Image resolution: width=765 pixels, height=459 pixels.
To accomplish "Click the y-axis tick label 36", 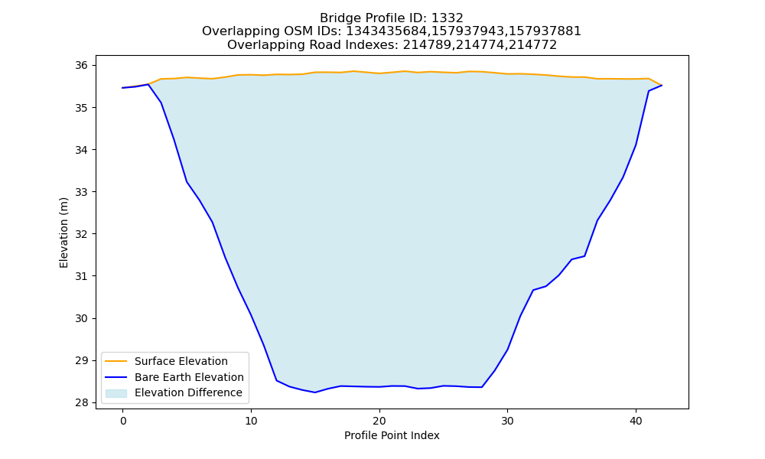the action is [82, 65].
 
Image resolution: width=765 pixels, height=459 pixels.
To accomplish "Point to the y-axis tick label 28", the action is [82, 403].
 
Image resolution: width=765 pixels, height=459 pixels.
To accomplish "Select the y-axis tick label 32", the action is [82, 234].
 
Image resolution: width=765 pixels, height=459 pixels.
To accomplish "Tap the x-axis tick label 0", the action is [123, 421].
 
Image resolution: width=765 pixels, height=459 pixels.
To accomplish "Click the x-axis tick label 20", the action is [379, 421].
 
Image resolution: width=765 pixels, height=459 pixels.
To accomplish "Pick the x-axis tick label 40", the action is [636, 421].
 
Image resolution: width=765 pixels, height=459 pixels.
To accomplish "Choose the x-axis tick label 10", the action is [251, 421].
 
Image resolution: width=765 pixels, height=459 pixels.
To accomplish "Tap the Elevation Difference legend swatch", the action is [116, 393].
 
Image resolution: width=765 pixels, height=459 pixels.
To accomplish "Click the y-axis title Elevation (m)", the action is [63, 233].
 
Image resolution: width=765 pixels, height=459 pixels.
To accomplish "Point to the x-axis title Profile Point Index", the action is [392, 435].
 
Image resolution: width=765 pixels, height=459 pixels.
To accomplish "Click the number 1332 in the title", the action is [448, 18].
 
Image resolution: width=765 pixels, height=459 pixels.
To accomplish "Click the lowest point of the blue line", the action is [314, 392].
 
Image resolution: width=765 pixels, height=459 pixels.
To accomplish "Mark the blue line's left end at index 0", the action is [123, 88].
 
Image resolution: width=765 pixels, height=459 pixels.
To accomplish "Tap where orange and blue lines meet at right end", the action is [662, 86].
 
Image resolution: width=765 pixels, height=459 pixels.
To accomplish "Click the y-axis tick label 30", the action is [82, 318].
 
